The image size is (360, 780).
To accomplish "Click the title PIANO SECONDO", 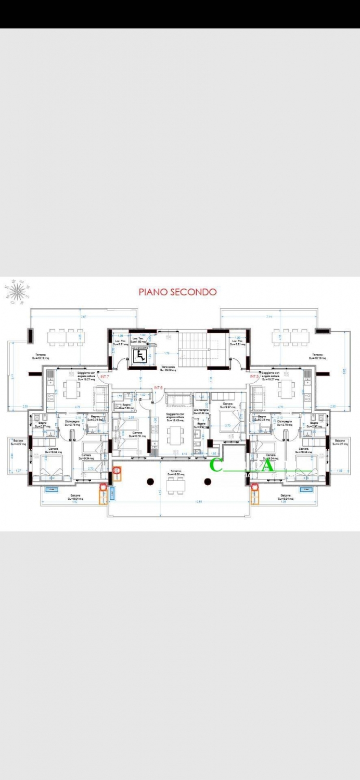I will click(x=177, y=292).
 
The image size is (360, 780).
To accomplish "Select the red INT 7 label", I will click(x=105, y=376).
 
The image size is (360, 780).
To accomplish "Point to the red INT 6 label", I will click(x=159, y=388).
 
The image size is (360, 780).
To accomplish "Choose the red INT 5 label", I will click(x=254, y=376).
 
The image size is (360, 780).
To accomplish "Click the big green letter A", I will click(x=267, y=466).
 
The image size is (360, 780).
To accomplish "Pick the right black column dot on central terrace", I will click(x=208, y=481).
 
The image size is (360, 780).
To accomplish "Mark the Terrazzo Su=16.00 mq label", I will click(x=174, y=473).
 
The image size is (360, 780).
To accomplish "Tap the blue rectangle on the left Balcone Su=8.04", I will click(x=53, y=489).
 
